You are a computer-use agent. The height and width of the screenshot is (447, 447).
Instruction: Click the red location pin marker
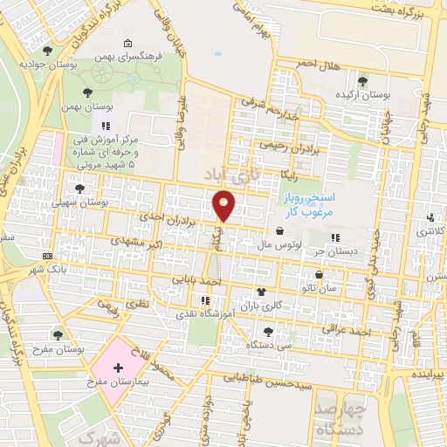click(x=225, y=204)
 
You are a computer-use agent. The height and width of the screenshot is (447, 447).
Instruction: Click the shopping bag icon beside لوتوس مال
click(x=279, y=232)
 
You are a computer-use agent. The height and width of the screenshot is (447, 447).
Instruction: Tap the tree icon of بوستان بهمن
click(x=87, y=92)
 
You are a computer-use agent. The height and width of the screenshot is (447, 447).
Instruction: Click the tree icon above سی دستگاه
click(x=268, y=331)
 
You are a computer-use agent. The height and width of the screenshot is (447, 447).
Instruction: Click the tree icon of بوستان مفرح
click(x=58, y=334)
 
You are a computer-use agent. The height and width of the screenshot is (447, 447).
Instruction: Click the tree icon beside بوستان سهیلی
click(x=80, y=188)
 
